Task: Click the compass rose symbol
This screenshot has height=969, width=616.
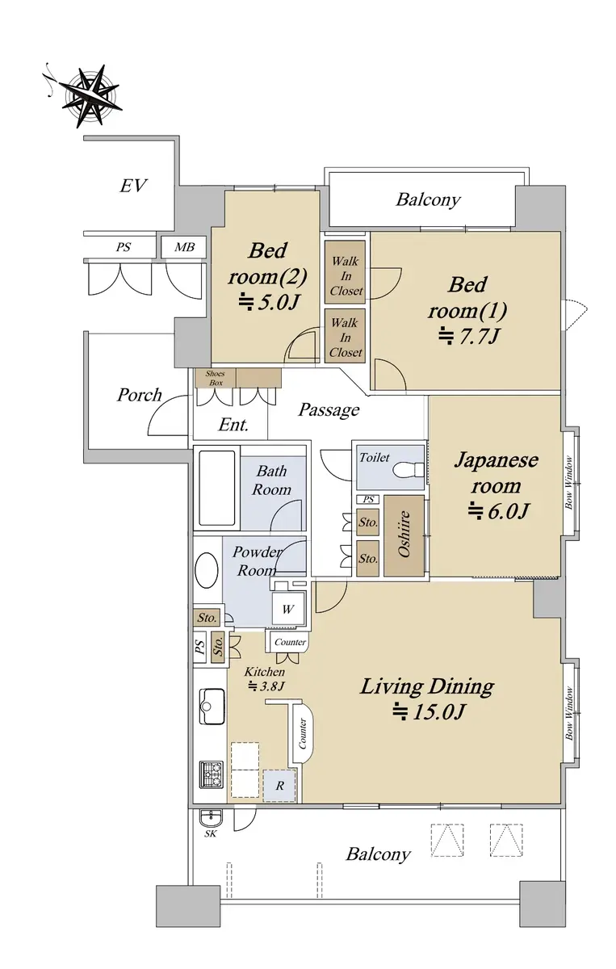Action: (x=92, y=96)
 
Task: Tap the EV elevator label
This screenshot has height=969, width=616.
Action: (x=133, y=186)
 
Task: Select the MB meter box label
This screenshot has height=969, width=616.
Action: (x=184, y=247)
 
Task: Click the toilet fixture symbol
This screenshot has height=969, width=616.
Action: (x=409, y=469)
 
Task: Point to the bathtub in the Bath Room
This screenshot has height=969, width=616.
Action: (x=216, y=488)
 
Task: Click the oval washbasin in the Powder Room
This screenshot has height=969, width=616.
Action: (x=207, y=570)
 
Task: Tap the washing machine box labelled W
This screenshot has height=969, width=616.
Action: (x=287, y=610)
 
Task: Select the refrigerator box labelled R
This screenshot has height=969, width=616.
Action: (x=280, y=785)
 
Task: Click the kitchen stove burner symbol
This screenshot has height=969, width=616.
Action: (x=212, y=774)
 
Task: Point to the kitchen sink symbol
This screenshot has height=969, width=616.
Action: (x=212, y=707)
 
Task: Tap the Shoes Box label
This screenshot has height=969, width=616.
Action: (x=215, y=378)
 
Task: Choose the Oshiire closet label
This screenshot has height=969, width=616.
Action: (x=404, y=534)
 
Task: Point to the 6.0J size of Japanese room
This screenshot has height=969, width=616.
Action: (x=498, y=511)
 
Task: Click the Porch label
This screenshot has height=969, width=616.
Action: (x=140, y=395)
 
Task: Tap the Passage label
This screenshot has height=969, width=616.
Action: (x=329, y=409)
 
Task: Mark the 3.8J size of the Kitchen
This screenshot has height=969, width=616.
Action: (x=266, y=686)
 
